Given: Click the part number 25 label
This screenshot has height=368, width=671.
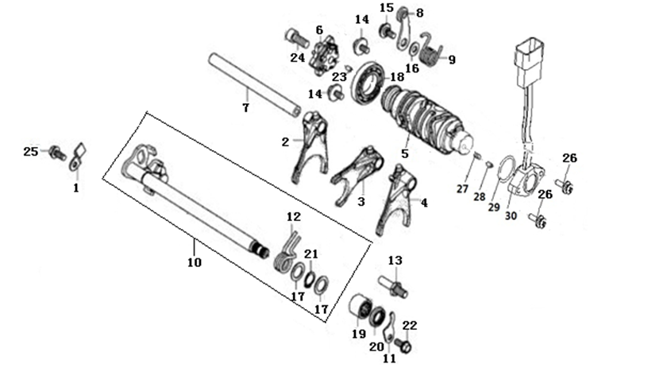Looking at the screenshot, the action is click(30, 151).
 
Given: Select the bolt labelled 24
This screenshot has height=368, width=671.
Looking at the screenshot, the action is click(296, 39).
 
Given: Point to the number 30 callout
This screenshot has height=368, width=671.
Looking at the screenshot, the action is click(511, 215).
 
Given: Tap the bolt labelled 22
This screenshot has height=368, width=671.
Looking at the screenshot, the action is click(403, 344).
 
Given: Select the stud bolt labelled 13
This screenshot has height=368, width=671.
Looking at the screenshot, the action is click(393, 286).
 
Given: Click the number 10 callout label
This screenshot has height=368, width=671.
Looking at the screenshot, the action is click(195, 261).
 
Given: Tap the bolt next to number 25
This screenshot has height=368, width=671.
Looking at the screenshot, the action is click(57, 153).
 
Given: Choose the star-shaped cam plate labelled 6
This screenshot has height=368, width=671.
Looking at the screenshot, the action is click(326, 56).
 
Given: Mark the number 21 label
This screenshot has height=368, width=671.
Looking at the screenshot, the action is click(311, 254).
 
